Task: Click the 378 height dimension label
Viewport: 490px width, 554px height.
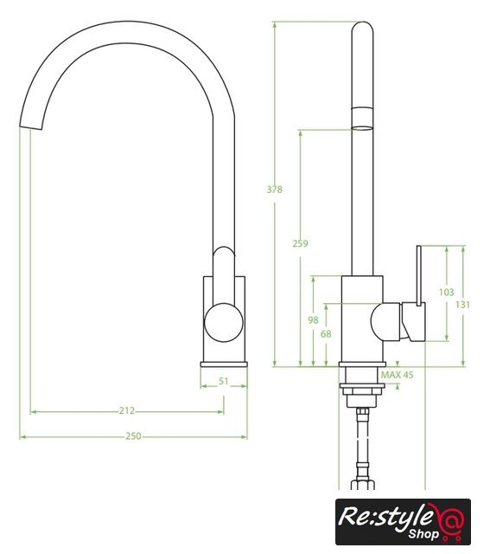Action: pyautogui.click(x=275, y=190)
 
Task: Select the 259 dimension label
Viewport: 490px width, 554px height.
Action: pyautogui.click(x=300, y=243)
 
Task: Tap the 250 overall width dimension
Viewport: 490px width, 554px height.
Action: pyautogui.click(x=133, y=436)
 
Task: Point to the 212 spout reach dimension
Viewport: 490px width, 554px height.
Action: pyautogui.click(x=127, y=410)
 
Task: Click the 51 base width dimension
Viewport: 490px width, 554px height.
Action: pyautogui.click(x=224, y=381)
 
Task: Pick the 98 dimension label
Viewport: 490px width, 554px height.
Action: pyautogui.click(x=313, y=320)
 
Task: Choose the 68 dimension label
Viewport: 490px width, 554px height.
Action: pyautogui.click(x=326, y=334)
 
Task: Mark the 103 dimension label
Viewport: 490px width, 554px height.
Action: pyautogui.click(x=446, y=293)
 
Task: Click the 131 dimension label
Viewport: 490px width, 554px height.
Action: pyautogui.click(x=462, y=305)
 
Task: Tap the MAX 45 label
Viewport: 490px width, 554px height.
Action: pyautogui.click(x=397, y=375)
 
